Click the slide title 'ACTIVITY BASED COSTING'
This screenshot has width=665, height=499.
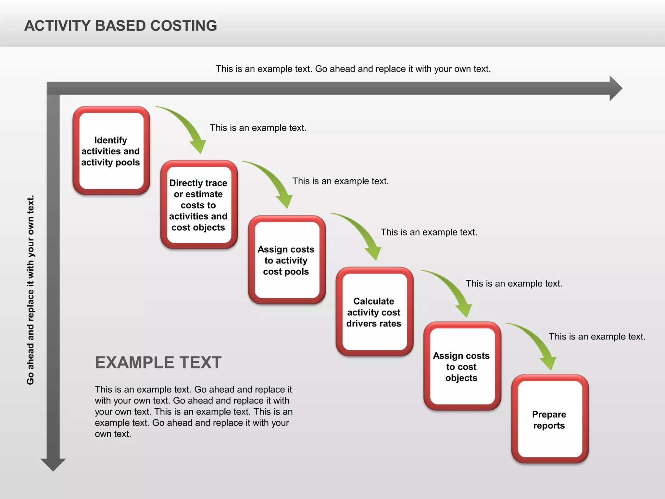(120, 26)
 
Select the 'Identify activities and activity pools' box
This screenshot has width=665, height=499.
(111, 151)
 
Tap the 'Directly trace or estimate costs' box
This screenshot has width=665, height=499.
(199, 205)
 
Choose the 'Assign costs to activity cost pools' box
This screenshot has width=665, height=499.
(286, 260)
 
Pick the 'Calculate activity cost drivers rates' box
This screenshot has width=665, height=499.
(374, 312)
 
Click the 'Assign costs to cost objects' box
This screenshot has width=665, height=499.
(462, 366)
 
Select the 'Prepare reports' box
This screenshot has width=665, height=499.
(549, 419)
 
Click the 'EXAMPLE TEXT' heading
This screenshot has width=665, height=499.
(158, 363)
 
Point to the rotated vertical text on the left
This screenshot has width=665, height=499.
(31, 290)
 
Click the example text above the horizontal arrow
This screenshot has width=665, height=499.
(353, 69)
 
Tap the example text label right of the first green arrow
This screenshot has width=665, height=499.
(258, 128)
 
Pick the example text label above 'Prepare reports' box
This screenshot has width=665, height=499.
(597, 337)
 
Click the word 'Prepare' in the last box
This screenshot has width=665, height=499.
(549, 415)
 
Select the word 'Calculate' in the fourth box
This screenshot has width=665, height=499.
(373, 301)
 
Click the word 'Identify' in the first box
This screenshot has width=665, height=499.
(110, 140)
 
